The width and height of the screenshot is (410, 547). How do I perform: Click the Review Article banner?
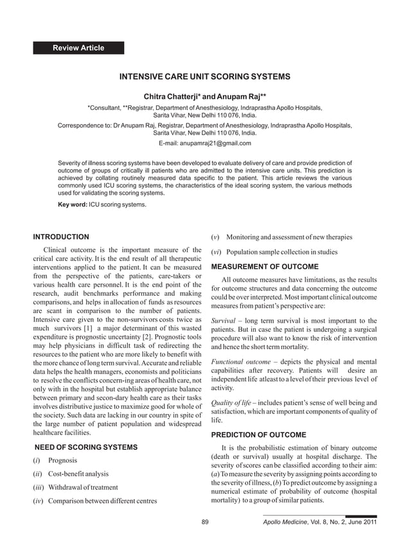pos(78,48)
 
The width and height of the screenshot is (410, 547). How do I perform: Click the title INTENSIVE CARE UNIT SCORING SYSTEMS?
pos(205,76)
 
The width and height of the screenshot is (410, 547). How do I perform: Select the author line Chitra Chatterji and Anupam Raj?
pos(205,96)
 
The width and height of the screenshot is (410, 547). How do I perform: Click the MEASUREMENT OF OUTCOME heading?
pos(264,266)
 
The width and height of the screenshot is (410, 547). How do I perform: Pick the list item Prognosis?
pos(62,461)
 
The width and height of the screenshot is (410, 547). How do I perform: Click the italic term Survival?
pos(224,320)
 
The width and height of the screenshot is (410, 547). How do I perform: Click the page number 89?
pos(205,521)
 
